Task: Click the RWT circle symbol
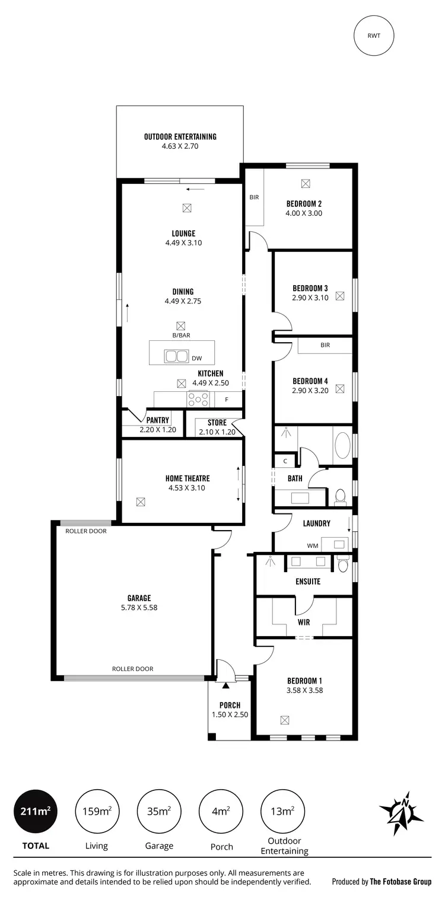[374, 35]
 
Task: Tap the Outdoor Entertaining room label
[180, 136]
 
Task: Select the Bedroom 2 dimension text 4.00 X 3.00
[303, 213]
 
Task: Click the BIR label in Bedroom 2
[254, 197]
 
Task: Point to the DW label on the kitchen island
[196, 358]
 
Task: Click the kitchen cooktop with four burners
[198, 400]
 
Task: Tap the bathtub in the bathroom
[342, 446]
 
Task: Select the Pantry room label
[158, 420]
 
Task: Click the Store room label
[217, 423]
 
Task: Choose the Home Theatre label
[187, 478]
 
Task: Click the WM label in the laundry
[312, 545]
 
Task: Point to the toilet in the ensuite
[342, 564]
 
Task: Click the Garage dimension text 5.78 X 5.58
[139, 607]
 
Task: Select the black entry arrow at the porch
[225, 685]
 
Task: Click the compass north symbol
[402, 812]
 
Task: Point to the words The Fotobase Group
[401, 882]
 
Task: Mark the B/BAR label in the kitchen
[181, 335]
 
